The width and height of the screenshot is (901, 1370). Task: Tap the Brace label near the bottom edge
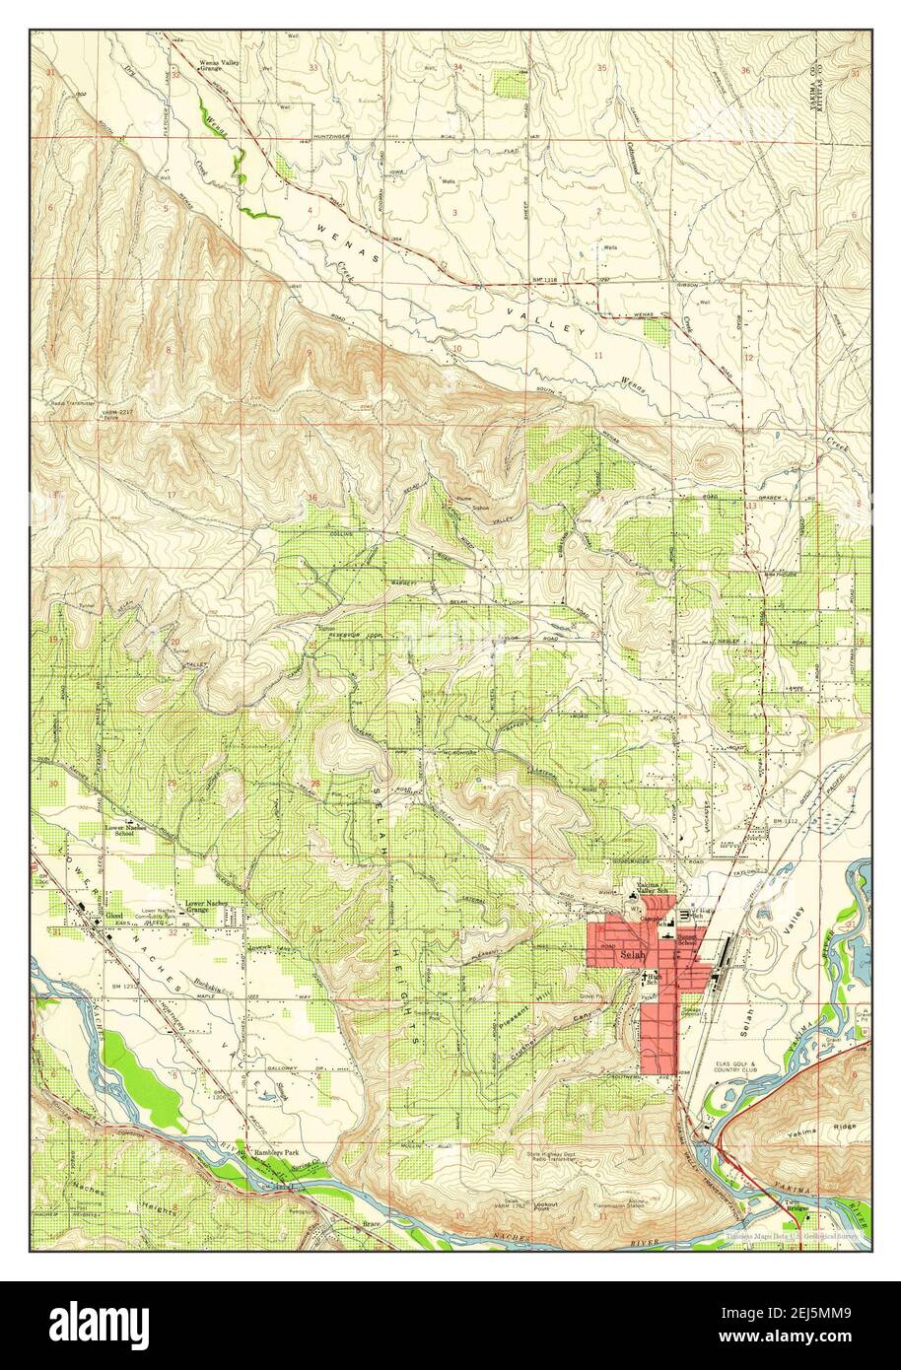[370, 1227]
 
